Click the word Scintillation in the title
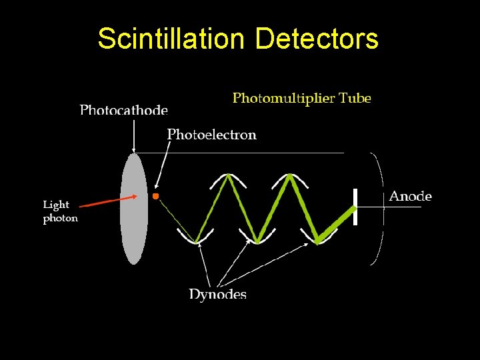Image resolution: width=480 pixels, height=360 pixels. coord(172,39)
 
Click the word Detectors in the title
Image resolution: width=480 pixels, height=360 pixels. coord(317,39)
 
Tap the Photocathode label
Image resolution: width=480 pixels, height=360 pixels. coord(124,109)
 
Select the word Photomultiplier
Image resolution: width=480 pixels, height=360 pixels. coord(280,99)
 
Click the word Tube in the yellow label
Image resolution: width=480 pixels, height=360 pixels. coord(354,99)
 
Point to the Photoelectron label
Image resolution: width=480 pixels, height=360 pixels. coord(211,135)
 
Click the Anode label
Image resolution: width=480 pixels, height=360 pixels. coord(410,196)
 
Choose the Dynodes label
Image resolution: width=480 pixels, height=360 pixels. coord(217,294)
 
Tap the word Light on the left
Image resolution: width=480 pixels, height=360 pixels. coord(56,205)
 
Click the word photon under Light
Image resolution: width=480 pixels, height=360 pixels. coord(60,218)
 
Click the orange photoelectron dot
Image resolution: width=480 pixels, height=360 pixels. coord(155,196)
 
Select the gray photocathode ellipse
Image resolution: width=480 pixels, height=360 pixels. coord(133,209)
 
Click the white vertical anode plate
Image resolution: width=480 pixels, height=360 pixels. coord(355,207)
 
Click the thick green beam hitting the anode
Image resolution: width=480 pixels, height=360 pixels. coord(337,224)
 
